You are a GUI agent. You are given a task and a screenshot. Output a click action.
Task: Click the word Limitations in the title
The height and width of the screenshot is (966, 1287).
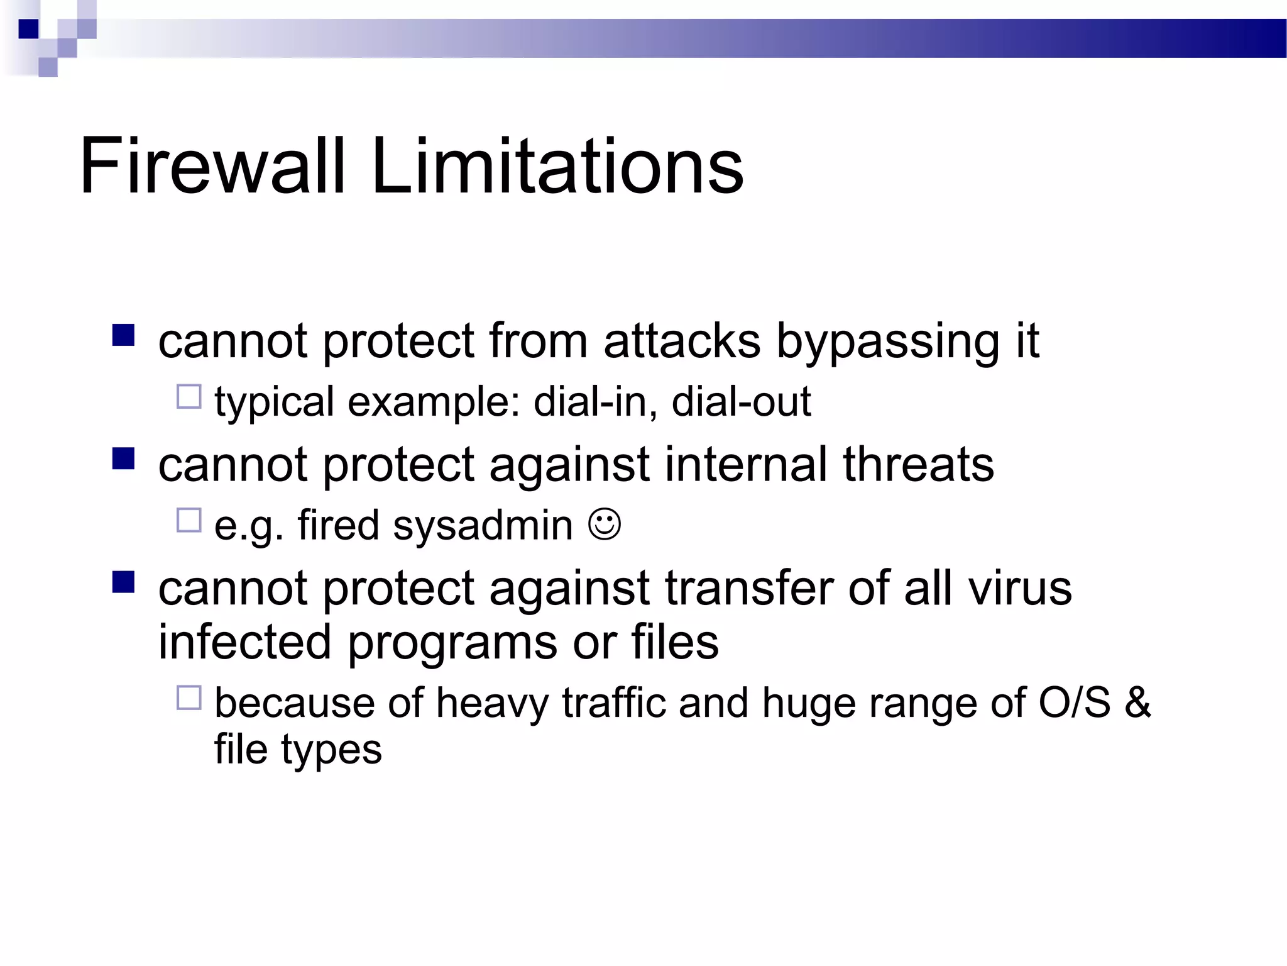pyautogui.click(x=557, y=167)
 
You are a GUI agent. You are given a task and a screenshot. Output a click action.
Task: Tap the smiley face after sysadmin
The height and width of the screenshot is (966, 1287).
pyautogui.click(x=605, y=524)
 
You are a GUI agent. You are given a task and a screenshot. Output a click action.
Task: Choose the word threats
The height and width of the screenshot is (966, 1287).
pyautogui.click(x=918, y=464)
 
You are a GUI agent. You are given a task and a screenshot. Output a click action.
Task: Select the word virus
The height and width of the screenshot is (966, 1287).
pyautogui.click(x=1019, y=588)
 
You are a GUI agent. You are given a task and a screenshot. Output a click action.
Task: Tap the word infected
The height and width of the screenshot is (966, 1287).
pyautogui.click(x=244, y=642)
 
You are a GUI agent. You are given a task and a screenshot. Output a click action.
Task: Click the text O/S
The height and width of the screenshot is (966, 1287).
pyautogui.click(x=1074, y=702)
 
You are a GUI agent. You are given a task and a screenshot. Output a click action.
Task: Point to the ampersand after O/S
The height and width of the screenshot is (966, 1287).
pyautogui.click(x=1137, y=702)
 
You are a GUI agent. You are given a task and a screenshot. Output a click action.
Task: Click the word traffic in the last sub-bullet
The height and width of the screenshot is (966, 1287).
pyautogui.click(x=613, y=702)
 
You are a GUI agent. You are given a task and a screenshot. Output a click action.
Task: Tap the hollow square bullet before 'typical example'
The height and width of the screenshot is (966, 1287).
pyautogui.click(x=189, y=397)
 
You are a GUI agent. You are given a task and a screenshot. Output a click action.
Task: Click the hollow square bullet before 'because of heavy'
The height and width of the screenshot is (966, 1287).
pyautogui.click(x=189, y=698)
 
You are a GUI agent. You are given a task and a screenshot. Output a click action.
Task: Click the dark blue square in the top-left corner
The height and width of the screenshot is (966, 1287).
pyautogui.click(x=28, y=29)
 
